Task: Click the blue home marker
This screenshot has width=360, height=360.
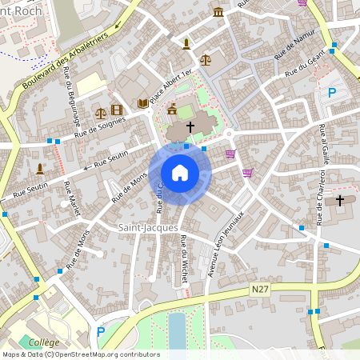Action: point(179,172)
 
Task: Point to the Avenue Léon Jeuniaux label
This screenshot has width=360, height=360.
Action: point(226,247)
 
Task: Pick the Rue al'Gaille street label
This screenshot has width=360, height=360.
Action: point(325,143)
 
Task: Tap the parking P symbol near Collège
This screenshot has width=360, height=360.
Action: point(101,332)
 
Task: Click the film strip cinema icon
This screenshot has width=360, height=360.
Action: point(118,110)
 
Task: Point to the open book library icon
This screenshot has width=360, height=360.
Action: point(142,104)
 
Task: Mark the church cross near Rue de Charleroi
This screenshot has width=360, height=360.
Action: point(340,200)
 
